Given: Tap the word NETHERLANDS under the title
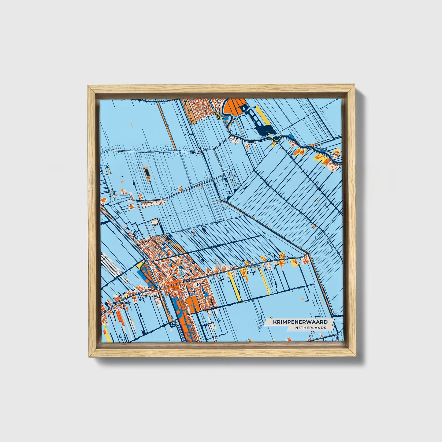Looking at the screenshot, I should coord(311,328).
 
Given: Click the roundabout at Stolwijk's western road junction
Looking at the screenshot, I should coord(160,288).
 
